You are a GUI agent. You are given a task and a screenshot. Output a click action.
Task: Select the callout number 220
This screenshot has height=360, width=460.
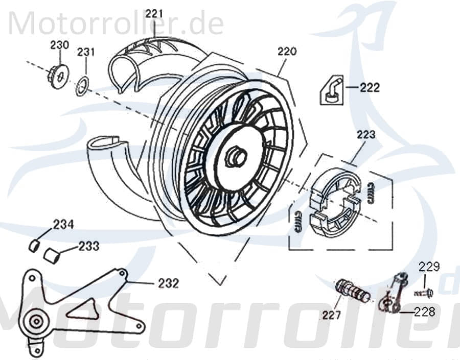[287, 52]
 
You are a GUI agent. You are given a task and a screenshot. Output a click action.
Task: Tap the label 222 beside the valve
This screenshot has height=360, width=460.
[369, 88]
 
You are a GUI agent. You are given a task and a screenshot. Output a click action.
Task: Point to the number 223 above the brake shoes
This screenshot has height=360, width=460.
[366, 135]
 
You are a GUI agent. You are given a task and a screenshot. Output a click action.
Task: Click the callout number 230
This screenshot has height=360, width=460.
[59, 45]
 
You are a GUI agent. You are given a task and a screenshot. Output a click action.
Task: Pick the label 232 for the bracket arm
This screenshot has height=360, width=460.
[169, 282]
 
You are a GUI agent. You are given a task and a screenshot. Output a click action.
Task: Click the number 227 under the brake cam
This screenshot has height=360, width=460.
[331, 316]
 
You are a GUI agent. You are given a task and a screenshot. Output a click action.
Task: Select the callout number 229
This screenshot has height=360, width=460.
[429, 267]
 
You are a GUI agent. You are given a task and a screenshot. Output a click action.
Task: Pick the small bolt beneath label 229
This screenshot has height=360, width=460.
[424, 293]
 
